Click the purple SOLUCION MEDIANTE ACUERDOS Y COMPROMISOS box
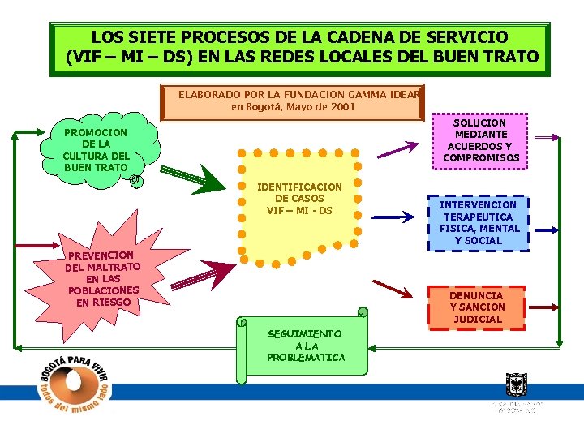click(x=480, y=140)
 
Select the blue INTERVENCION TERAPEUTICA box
click(x=478, y=222)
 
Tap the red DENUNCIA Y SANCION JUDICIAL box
click(x=477, y=307)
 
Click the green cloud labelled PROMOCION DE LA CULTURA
click(x=96, y=150)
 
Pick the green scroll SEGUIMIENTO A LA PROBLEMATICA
click(x=302, y=346)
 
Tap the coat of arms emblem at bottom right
click(x=516, y=384)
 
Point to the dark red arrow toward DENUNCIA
click(x=392, y=289)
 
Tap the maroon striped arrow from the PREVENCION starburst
click(x=203, y=273)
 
